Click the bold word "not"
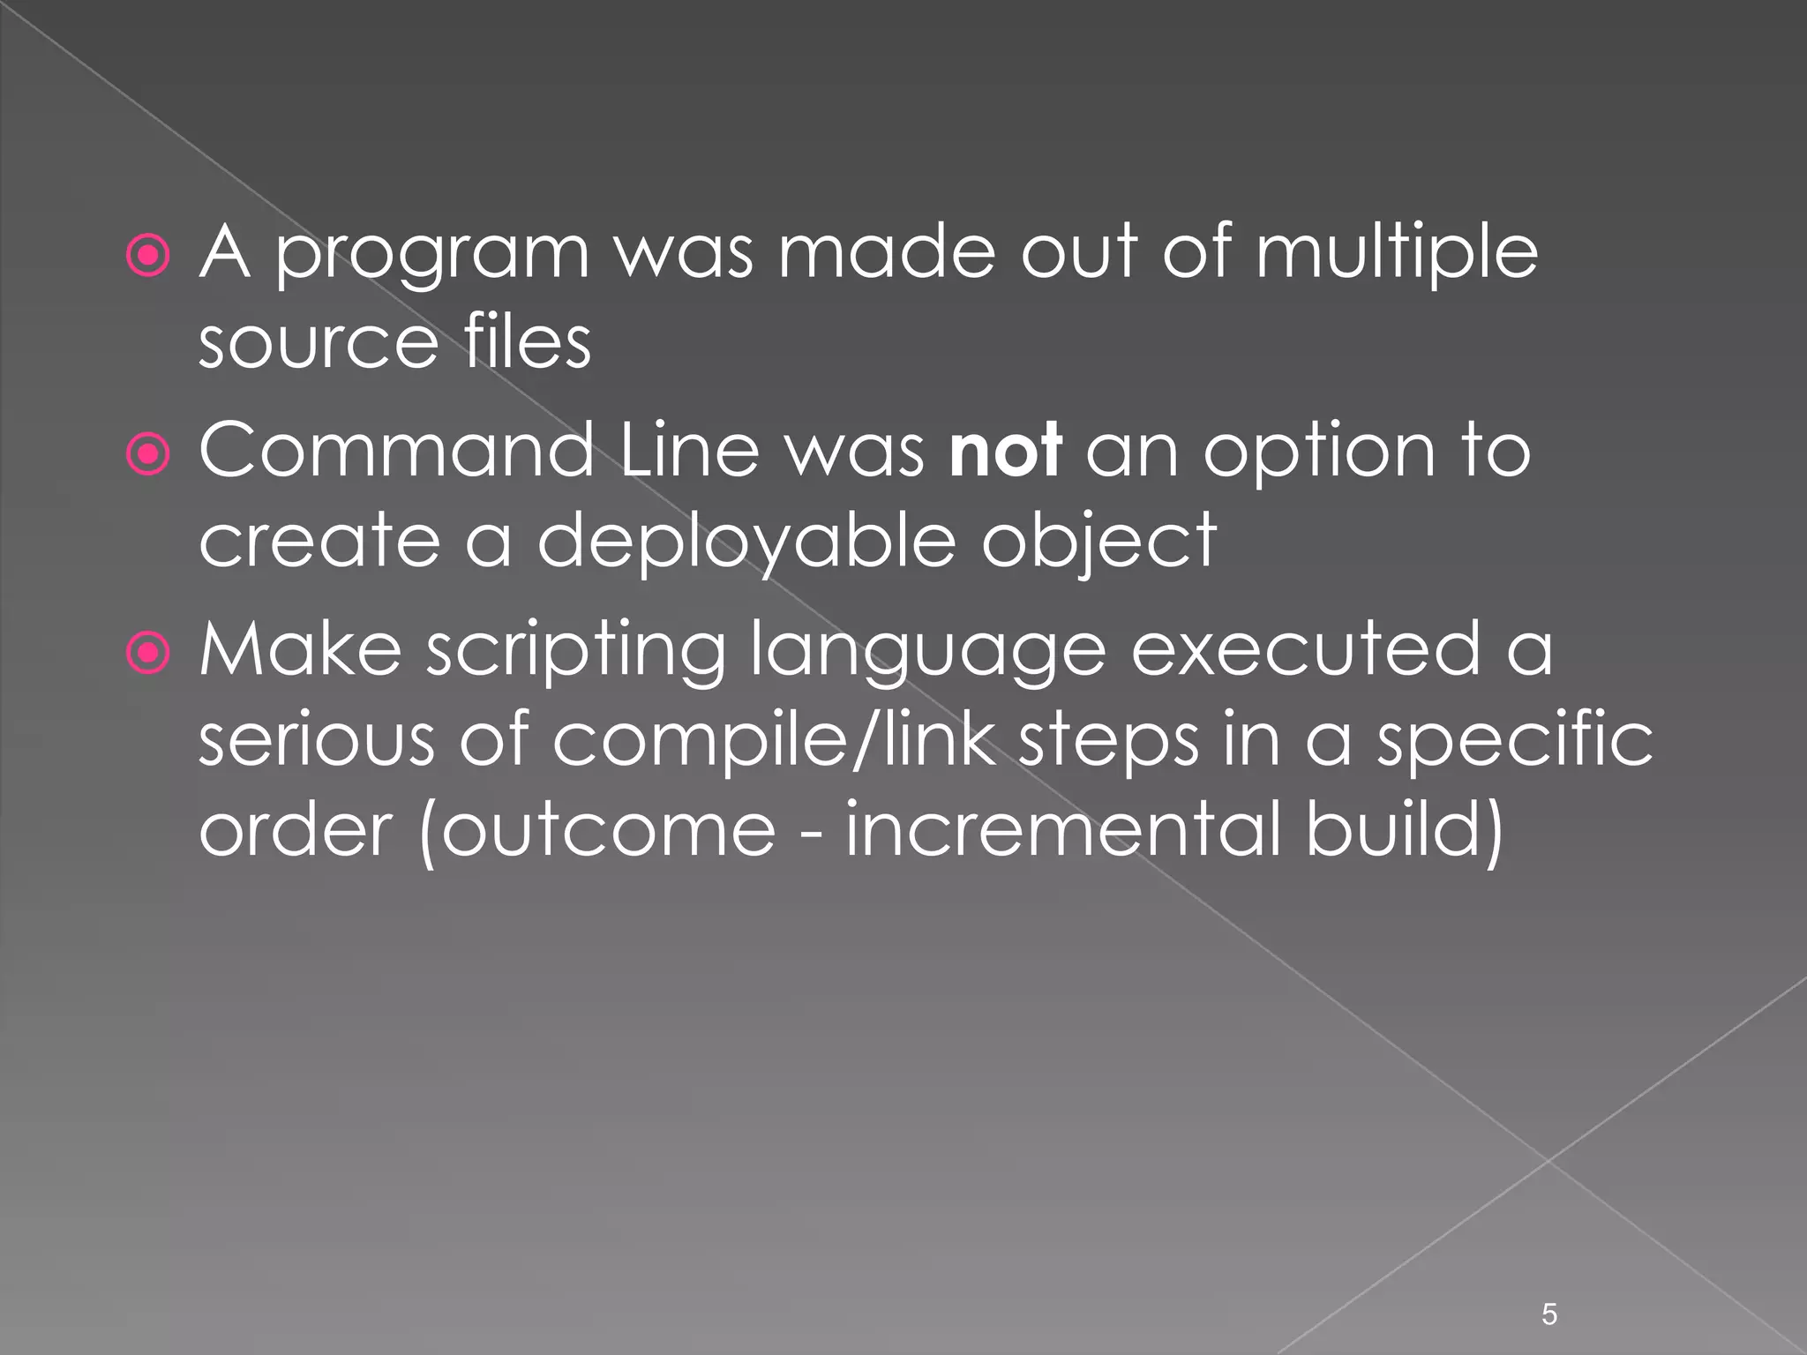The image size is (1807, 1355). [x=1005, y=451]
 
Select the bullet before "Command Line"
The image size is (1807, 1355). [x=148, y=454]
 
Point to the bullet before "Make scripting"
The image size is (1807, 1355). [x=148, y=653]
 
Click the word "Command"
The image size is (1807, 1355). [x=396, y=451]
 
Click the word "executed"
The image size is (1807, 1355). [x=1306, y=650]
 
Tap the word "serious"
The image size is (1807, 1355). [x=317, y=739]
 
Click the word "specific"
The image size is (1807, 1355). [x=1515, y=741]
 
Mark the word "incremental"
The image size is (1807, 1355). [x=1062, y=829]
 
